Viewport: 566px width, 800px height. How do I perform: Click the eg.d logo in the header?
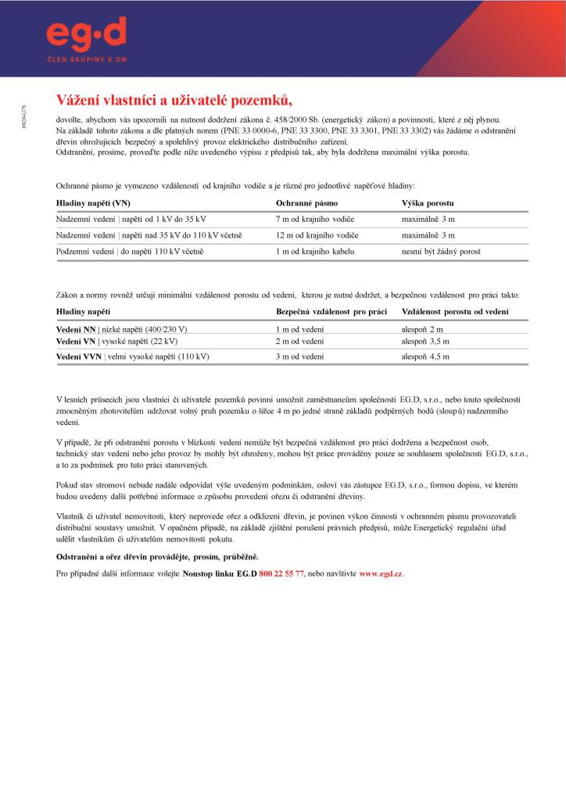pyautogui.click(x=86, y=34)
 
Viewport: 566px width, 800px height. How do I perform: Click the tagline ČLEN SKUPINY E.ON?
pyautogui.click(x=86, y=59)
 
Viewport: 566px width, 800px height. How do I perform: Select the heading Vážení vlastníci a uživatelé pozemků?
pyautogui.click(x=174, y=99)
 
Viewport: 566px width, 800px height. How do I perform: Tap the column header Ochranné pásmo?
pyautogui.click(x=306, y=202)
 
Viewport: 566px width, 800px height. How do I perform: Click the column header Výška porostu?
pyautogui.click(x=428, y=202)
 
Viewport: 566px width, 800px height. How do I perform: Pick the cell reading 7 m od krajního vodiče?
pyautogui.click(x=317, y=219)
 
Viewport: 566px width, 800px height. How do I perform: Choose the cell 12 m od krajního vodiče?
pyautogui.click(x=318, y=235)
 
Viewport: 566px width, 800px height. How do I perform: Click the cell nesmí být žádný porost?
pyautogui.click(x=441, y=252)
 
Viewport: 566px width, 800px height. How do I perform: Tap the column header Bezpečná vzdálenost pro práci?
pyautogui.click(x=332, y=312)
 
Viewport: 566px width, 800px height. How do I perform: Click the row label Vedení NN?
pyautogui.click(x=76, y=329)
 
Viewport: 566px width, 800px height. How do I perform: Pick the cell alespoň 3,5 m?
pyautogui.click(x=425, y=341)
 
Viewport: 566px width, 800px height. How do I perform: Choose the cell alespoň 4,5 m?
pyautogui.click(x=425, y=356)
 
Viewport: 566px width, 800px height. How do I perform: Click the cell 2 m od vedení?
pyautogui.click(x=299, y=341)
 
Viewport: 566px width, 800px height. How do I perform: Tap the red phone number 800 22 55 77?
pyautogui.click(x=281, y=573)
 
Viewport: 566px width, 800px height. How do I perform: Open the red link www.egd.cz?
pyautogui.click(x=380, y=573)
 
